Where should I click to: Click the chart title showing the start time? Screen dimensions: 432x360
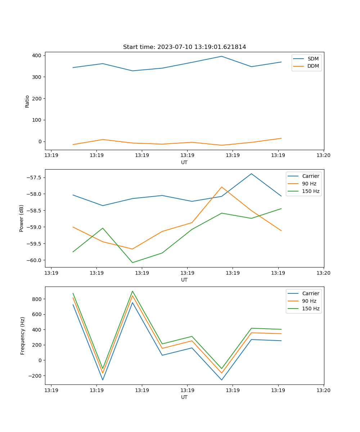click(x=184, y=47)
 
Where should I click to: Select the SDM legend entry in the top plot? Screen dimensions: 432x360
click(x=313, y=59)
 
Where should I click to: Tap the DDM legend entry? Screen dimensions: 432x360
click(x=313, y=66)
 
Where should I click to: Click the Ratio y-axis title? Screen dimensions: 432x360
click(x=27, y=101)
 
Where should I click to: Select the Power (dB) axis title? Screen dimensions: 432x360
click(x=22, y=218)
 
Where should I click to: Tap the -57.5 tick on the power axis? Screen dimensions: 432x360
click(x=35, y=178)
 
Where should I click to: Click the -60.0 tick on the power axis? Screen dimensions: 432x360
click(x=35, y=260)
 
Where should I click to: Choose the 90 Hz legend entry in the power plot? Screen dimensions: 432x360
click(x=309, y=184)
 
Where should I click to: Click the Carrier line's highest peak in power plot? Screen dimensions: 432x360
click(x=251, y=174)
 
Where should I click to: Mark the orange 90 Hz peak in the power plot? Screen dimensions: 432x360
click(x=222, y=187)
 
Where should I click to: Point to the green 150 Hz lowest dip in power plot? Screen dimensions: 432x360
click(x=132, y=262)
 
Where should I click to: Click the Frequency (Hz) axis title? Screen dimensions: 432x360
click(x=23, y=336)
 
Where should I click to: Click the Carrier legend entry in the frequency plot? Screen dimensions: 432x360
click(x=310, y=293)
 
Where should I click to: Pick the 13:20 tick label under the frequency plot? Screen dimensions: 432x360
click(x=323, y=390)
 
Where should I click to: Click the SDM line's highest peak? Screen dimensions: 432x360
click(x=222, y=56)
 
